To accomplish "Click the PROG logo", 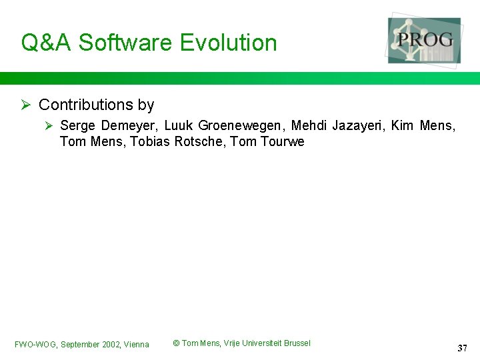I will (425, 40).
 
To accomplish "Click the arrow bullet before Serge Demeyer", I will (49, 125).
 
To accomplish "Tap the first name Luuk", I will (178, 125).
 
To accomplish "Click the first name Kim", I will (402, 125).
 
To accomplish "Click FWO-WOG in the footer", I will (35, 345).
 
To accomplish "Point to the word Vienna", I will (137, 345).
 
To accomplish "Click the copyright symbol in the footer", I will (176, 343).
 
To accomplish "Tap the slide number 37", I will (462, 348).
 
